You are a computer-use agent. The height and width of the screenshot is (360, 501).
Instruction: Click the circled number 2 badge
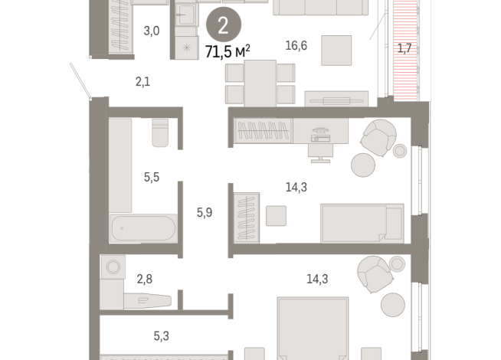[224, 25]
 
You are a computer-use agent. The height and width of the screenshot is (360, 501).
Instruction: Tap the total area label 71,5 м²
[228, 51]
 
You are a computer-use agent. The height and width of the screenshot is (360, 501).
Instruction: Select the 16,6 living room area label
[296, 46]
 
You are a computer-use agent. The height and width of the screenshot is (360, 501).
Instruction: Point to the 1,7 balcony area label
[404, 48]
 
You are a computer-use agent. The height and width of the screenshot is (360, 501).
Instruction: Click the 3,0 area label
[152, 31]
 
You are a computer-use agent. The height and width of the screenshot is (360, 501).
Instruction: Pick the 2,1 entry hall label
[142, 82]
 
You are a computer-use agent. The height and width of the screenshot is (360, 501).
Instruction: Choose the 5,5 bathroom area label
[152, 177]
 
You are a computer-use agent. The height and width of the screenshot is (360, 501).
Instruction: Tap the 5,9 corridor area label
[205, 212]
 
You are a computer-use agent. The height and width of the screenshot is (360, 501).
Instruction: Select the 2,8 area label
[145, 279]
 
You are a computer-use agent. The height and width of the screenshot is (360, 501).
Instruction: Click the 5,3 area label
[162, 336]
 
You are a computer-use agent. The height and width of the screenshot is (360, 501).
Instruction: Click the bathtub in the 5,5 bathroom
[143, 228]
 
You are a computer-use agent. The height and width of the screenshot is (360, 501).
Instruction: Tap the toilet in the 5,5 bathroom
[160, 133]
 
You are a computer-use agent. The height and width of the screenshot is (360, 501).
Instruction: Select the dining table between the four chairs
[260, 83]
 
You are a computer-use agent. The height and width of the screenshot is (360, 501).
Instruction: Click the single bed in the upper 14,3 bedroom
[362, 224]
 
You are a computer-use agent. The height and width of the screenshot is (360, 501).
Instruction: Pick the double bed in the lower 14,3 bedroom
[313, 329]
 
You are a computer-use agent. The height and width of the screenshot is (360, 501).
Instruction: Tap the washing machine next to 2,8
[113, 267]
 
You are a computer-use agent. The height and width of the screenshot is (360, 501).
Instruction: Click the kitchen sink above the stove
[185, 15]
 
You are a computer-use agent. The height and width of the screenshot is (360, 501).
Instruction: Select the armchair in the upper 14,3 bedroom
[378, 138]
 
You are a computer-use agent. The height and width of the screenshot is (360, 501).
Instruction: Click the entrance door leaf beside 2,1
[81, 80]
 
